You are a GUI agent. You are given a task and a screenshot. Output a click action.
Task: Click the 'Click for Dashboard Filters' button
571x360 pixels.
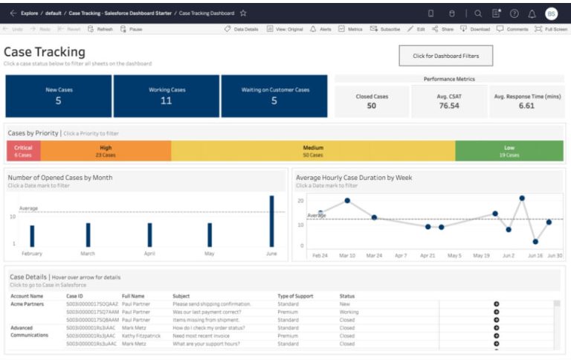[x=445, y=56]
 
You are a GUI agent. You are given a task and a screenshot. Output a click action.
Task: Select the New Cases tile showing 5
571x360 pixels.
[x=58, y=96]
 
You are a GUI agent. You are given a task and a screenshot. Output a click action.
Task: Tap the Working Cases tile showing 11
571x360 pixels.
[x=167, y=96]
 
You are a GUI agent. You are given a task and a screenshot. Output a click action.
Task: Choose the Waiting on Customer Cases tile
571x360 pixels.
[x=274, y=96]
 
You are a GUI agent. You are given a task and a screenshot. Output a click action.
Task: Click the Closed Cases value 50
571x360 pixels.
[x=371, y=106]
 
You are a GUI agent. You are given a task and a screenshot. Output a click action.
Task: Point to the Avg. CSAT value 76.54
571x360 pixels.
[x=448, y=106]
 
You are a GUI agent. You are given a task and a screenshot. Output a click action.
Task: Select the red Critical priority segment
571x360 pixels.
[x=23, y=151]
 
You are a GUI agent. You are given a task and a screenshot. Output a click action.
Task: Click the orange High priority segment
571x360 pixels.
[x=106, y=151]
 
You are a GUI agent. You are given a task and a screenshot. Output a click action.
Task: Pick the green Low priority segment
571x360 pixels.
[x=509, y=151]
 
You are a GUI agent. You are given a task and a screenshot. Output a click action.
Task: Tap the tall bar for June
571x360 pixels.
[x=271, y=221]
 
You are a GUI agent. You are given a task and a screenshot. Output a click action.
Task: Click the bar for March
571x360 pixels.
[x=88, y=235]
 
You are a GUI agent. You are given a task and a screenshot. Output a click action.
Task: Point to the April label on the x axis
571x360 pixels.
[x=149, y=254]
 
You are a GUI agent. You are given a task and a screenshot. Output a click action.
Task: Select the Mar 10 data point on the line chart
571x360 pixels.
[x=347, y=201]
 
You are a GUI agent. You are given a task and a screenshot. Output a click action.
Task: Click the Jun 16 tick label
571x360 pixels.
[x=535, y=255]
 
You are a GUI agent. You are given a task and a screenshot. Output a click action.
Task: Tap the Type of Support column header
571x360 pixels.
[x=297, y=296]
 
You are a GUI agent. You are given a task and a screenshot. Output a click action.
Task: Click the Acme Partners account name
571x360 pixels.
[x=27, y=303]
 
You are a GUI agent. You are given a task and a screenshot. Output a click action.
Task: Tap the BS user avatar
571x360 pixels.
[x=551, y=13]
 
